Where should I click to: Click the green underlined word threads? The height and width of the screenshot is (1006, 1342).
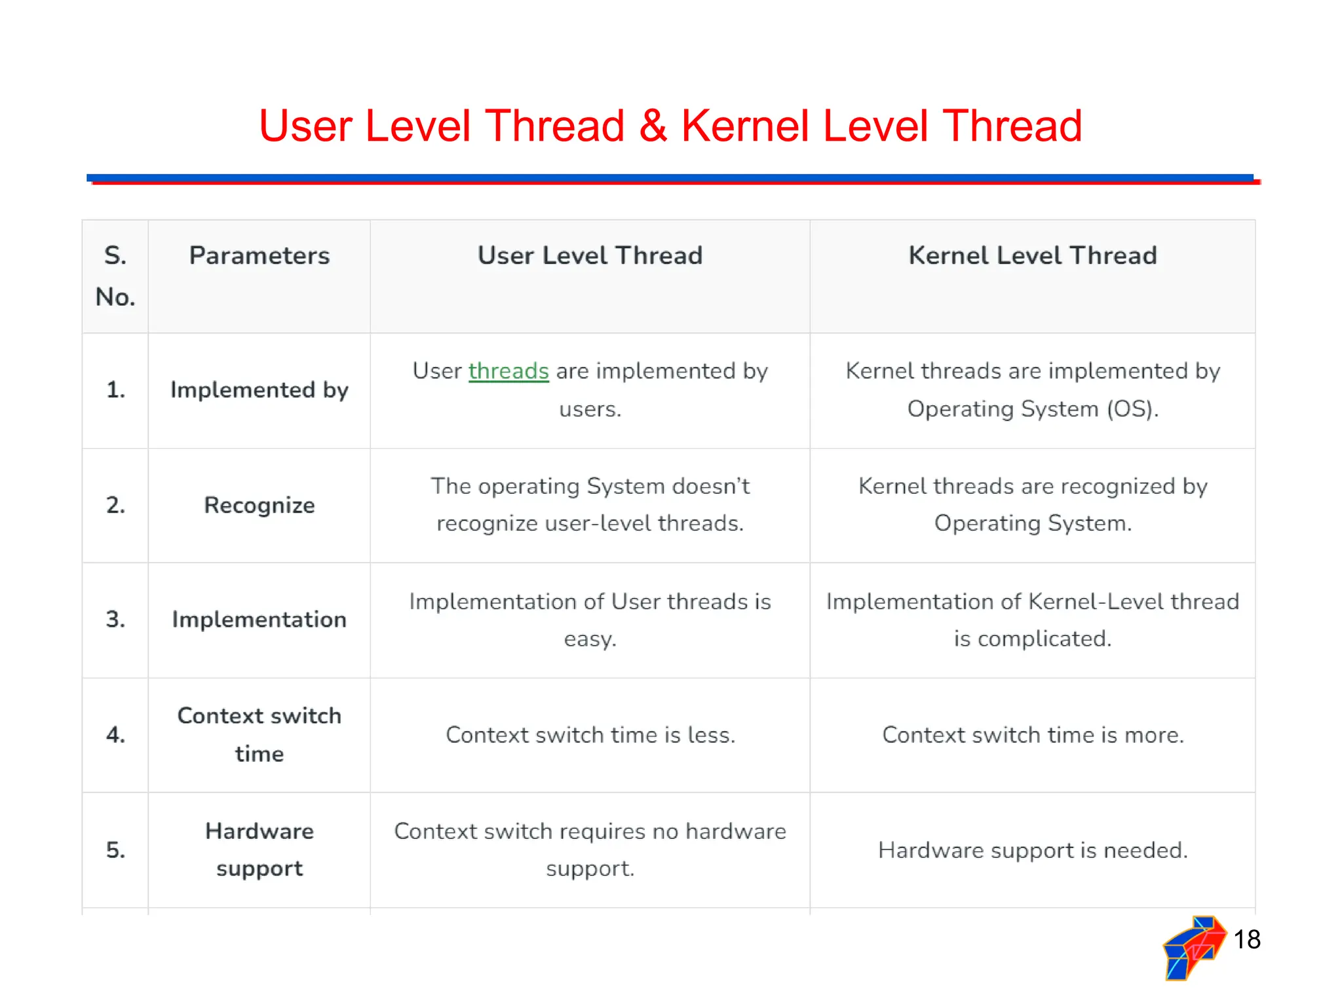click(x=508, y=371)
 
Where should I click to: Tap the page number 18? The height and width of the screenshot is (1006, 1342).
click(x=1246, y=940)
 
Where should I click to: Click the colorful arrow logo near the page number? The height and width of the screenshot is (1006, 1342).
click(x=1193, y=948)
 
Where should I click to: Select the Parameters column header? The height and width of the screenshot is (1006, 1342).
click(x=259, y=255)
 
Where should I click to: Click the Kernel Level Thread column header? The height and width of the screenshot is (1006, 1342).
click(x=1033, y=255)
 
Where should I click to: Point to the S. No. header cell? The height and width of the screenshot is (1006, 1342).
click(x=115, y=276)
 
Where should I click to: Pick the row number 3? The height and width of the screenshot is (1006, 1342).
click(x=115, y=620)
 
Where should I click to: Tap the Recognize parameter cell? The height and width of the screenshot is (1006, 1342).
click(x=259, y=506)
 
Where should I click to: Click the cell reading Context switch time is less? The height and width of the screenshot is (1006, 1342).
click(x=590, y=735)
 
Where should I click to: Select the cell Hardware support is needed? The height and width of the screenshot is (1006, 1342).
click(x=1033, y=850)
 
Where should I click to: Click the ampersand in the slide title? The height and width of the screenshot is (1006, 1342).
click(x=653, y=126)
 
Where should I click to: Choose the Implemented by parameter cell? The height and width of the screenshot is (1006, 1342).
click(x=259, y=390)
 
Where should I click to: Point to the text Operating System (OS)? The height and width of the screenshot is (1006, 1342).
click(x=1033, y=409)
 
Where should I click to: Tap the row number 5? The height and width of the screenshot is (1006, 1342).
click(x=115, y=850)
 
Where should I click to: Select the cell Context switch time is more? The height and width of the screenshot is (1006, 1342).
click(x=1033, y=735)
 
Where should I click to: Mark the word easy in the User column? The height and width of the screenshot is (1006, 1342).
click(x=590, y=639)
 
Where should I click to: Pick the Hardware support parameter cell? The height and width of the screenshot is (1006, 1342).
click(x=259, y=849)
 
